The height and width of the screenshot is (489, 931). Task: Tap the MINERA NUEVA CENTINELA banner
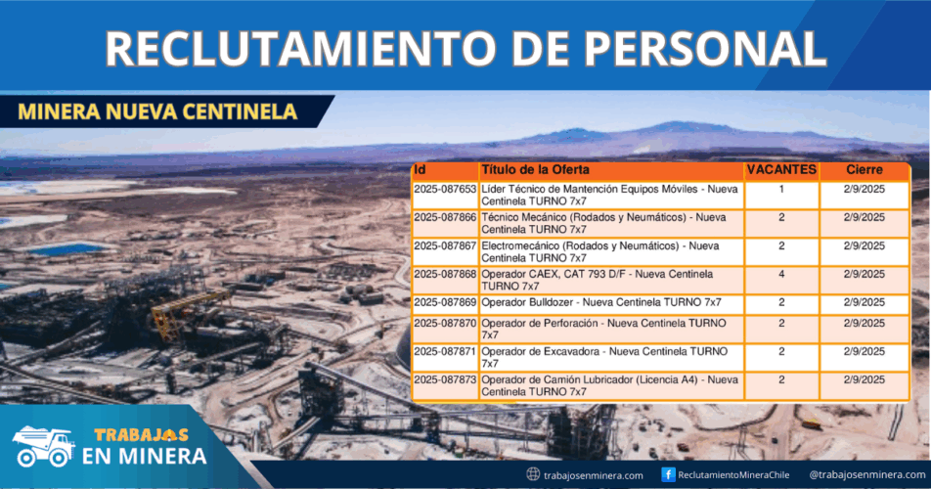point(157,111)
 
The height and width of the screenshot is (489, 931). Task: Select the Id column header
point(421,170)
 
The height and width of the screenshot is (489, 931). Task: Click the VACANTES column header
point(781,170)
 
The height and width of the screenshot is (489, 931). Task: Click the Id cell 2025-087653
point(445,189)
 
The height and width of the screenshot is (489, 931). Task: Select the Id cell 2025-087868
point(445,274)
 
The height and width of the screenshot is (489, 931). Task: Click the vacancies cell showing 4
point(781,274)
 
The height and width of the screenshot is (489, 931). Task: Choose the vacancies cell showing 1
point(781,189)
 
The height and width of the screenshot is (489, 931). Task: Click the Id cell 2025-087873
point(445,378)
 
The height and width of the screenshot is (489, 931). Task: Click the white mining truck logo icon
point(43,447)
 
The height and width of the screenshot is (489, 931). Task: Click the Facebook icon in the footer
point(668,474)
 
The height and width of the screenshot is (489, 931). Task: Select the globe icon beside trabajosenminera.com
point(533,474)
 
